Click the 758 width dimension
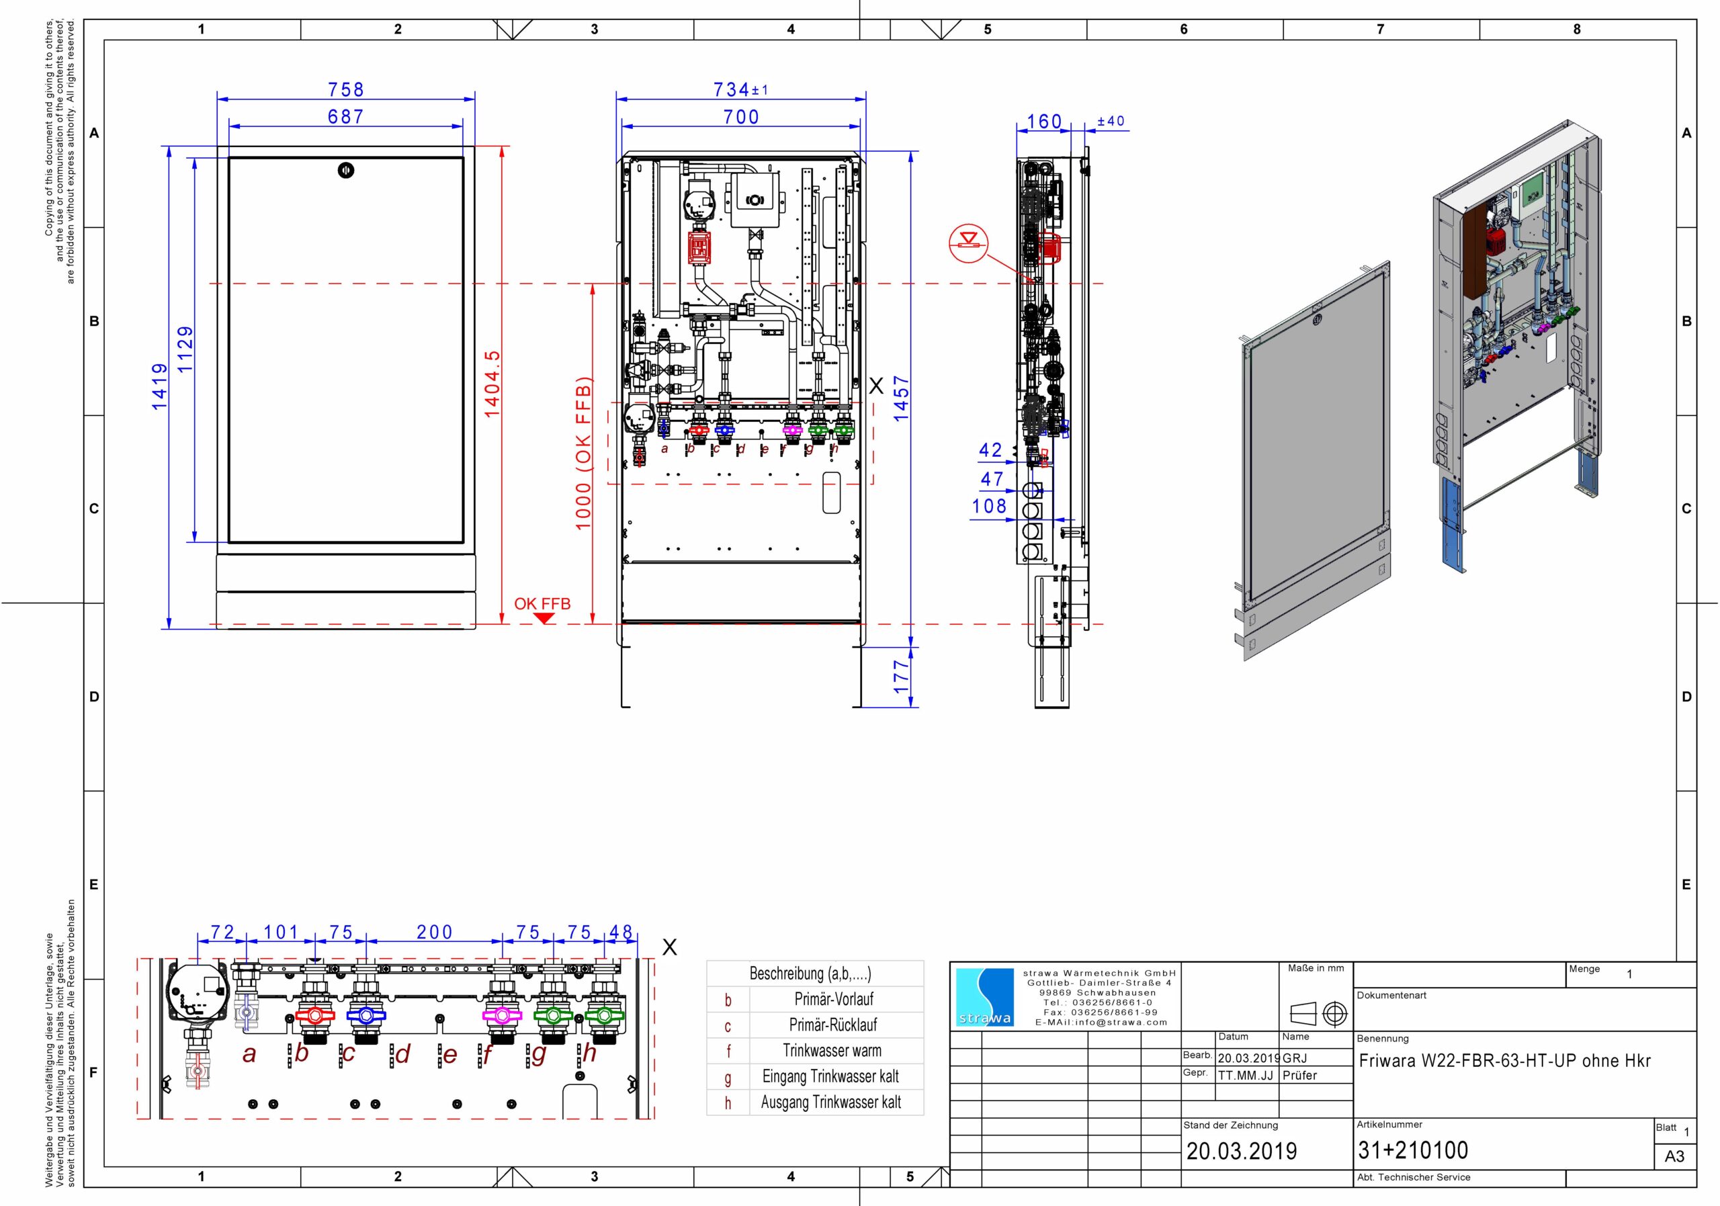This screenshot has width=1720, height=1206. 345,90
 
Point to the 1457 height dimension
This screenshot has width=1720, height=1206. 901,398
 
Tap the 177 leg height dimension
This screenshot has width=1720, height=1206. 901,676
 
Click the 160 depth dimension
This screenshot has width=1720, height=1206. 1044,122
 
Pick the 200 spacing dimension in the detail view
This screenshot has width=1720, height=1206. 435,933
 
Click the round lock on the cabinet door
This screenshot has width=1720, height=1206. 345,170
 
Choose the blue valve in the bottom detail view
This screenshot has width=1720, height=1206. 365,1016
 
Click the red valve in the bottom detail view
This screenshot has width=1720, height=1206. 314,1016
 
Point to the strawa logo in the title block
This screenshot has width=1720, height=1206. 985,998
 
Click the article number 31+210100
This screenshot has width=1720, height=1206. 1413,1150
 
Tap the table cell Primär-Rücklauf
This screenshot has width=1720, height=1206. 832,1025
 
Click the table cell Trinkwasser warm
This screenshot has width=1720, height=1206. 832,1050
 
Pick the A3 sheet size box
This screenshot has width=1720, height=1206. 1674,1156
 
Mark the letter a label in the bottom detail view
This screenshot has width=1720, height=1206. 249,1054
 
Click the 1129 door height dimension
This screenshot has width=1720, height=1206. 185,349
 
